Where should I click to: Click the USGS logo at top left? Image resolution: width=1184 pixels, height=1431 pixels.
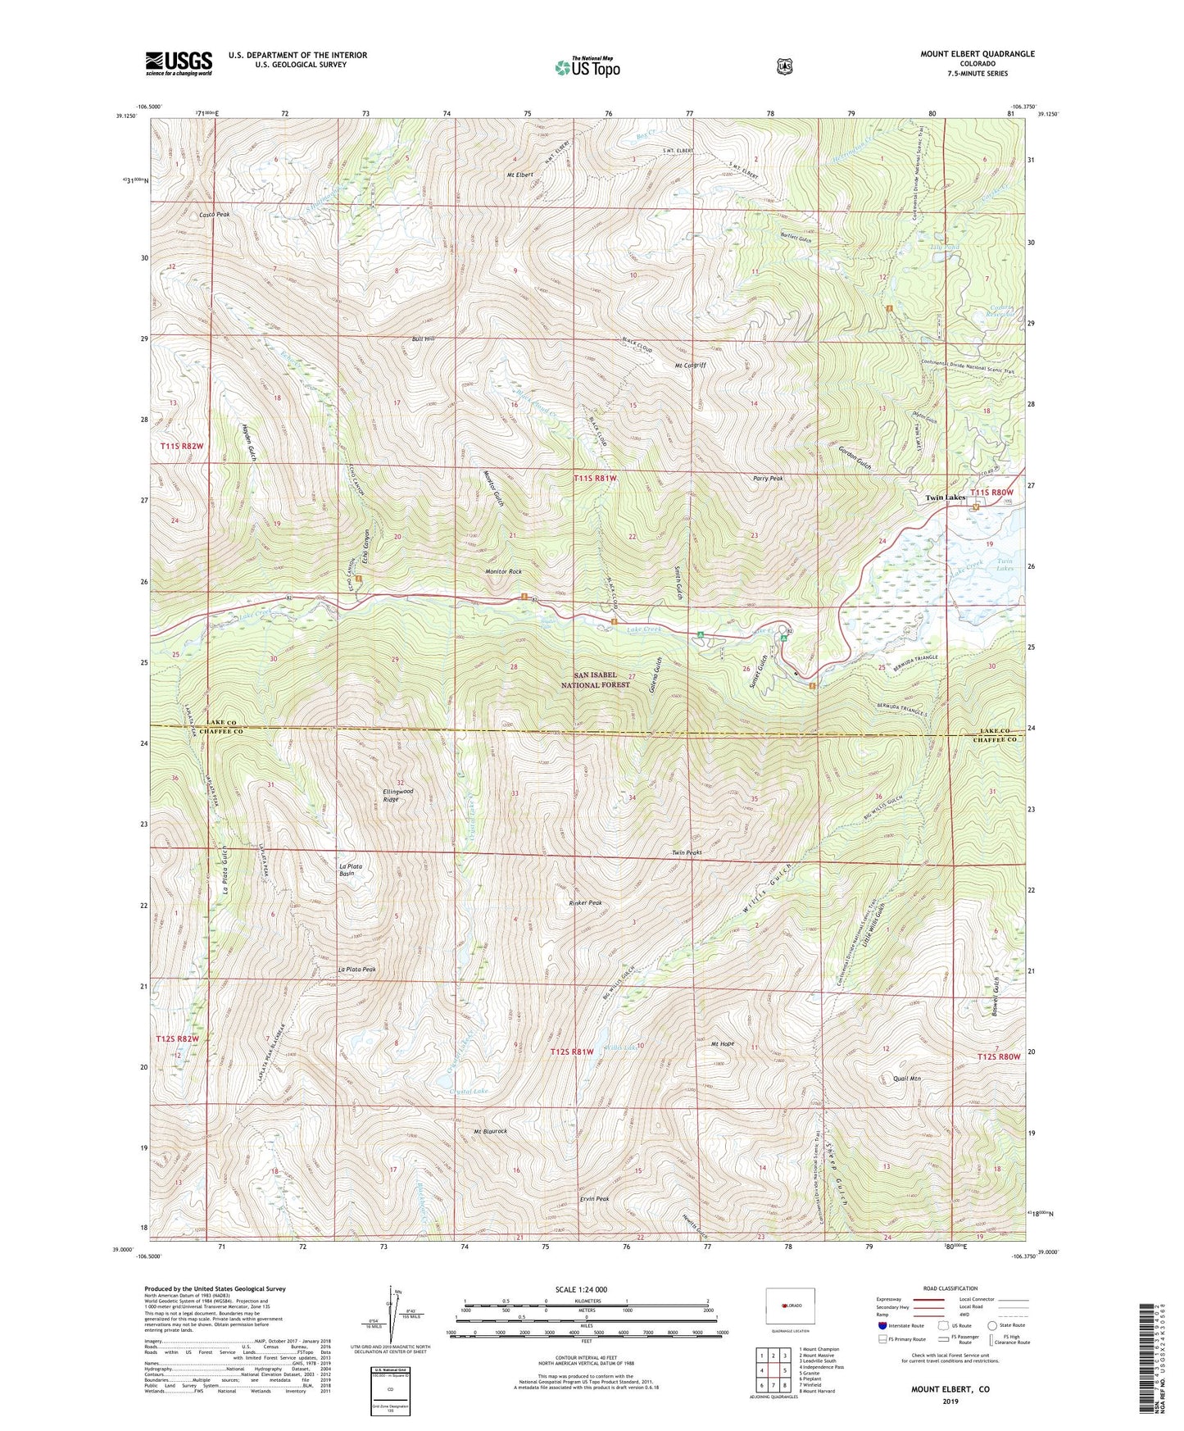pyautogui.click(x=179, y=63)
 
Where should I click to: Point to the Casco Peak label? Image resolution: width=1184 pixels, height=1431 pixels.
pyautogui.click(x=215, y=215)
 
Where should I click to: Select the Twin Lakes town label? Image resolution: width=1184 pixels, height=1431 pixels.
pyautogui.click(x=946, y=497)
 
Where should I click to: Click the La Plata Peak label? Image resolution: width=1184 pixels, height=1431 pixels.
pyautogui.click(x=356, y=970)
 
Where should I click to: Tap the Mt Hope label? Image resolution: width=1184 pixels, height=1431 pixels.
pyautogui.click(x=722, y=1044)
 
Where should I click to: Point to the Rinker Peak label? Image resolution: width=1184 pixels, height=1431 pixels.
pyautogui.click(x=585, y=903)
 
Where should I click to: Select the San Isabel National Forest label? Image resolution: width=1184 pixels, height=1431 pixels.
pyautogui.click(x=597, y=679)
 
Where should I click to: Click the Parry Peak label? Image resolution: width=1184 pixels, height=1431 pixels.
pyautogui.click(x=768, y=479)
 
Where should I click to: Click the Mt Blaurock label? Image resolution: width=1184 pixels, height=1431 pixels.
pyautogui.click(x=491, y=1132)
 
